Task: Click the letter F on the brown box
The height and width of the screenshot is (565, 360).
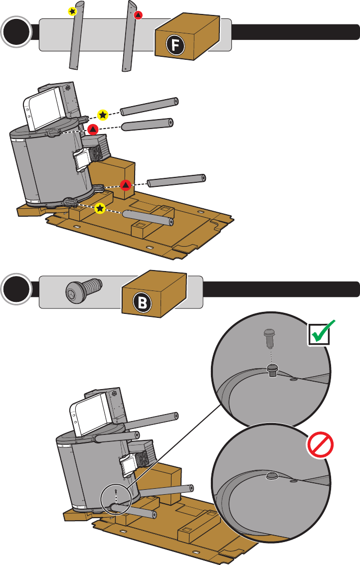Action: click(176, 45)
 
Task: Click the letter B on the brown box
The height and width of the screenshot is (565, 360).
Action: click(143, 303)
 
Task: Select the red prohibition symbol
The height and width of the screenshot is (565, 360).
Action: click(320, 444)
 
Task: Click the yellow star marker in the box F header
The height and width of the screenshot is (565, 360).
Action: click(72, 11)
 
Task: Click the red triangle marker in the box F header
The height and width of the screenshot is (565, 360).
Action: click(138, 15)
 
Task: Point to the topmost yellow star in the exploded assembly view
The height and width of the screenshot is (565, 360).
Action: click(103, 115)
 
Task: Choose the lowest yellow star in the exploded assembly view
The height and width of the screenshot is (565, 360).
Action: click(100, 208)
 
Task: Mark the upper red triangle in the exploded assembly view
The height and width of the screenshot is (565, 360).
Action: click(93, 129)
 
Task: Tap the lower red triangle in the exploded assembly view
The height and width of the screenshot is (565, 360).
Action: click(126, 185)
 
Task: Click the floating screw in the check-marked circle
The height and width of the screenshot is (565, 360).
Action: click(269, 338)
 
